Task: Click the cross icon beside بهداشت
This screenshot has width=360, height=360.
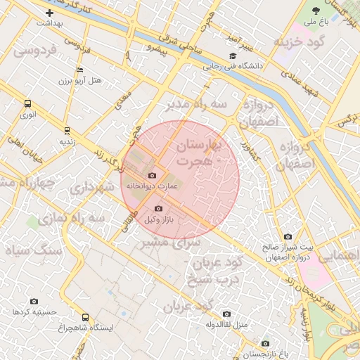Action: pyautogui.click(x=49, y=13)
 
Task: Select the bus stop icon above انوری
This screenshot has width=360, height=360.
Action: pyautogui.click(x=27, y=103)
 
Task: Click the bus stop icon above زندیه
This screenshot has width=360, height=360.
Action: pyautogui.click(x=67, y=130)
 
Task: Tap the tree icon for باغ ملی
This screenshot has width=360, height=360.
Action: pyautogui.click(x=315, y=11)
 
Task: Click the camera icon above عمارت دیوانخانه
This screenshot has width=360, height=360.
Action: pyautogui.click(x=152, y=175)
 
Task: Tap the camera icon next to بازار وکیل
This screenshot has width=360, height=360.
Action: pyautogui.click(x=157, y=209)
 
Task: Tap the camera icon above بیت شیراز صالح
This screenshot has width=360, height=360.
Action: pyautogui.click(x=288, y=237)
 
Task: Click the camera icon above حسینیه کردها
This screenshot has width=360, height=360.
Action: pyautogui.click(x=34, y=301)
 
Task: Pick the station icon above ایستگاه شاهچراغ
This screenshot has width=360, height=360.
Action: pyautogui.click(x=86, y=317)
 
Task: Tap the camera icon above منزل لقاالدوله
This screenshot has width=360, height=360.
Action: pyautogui.click(x=226, y=314)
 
